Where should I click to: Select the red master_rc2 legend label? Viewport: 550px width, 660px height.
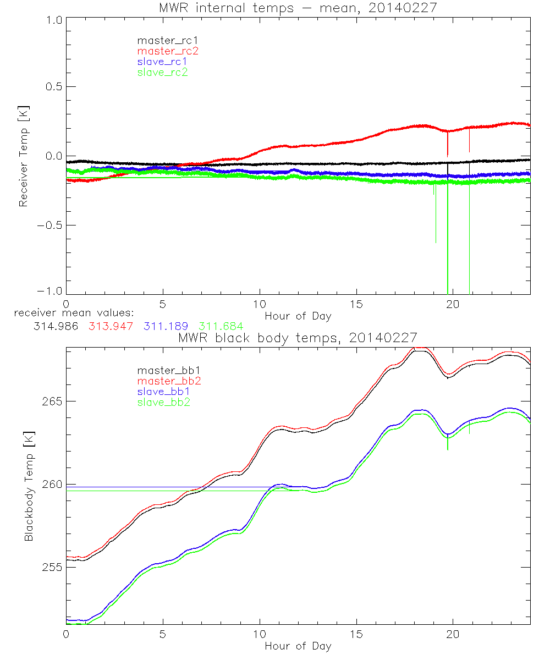pyautogui.click(x=167, y=51)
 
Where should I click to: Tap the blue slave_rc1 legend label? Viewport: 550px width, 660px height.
pyautogui.click(x=162, y=62)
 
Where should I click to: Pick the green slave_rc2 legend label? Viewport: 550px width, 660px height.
pyautogui.click(x=162, y=72)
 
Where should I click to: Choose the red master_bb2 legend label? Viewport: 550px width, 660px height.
pyautogui.click(x=169, y=381)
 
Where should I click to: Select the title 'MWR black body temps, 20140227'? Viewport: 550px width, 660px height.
pyautogui.click(x=298, y=337)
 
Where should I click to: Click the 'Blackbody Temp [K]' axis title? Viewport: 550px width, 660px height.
pyautogui.click(x=29, y=485)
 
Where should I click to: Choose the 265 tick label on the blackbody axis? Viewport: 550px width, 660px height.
pyautogui.click(x=52, y=401)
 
